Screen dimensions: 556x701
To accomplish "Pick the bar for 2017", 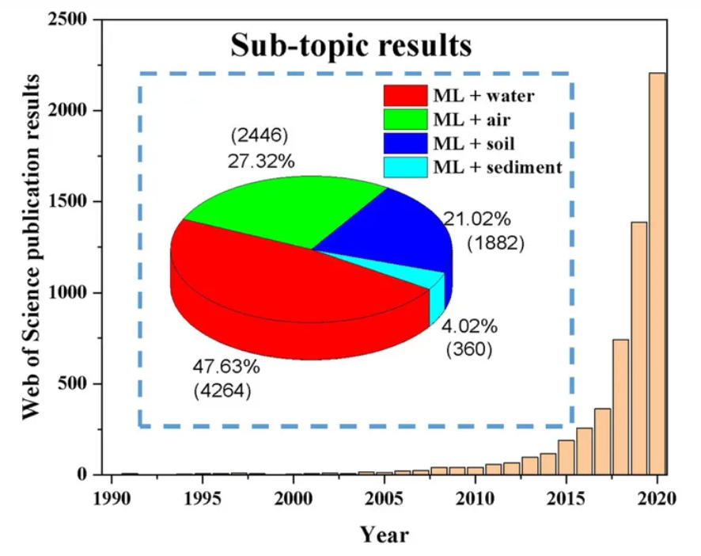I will click(x=603, y=441).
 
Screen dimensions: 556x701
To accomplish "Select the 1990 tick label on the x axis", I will click(x=112, y=498).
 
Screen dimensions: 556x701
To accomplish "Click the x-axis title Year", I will click(x=385, y=535).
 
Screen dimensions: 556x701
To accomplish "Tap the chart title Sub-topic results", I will click(x=350, y=45).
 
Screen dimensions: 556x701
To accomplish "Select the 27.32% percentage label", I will click(x=261, y=162).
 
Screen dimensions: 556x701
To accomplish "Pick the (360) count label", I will click(x=468, y=348).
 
